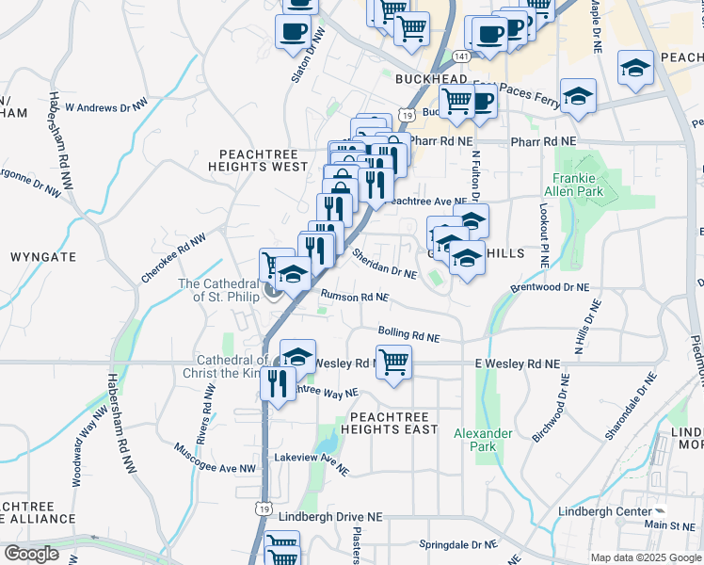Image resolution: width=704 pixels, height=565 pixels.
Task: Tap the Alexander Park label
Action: [483, 440]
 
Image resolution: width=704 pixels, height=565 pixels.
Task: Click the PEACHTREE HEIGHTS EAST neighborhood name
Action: [393, 423]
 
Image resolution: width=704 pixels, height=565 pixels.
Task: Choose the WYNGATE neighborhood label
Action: [42, 256]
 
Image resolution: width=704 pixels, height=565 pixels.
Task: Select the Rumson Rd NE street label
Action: [355, 297]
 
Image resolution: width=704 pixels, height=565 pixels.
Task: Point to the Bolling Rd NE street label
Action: [408, 333]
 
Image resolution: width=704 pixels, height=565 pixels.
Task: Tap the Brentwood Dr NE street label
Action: [549, 286]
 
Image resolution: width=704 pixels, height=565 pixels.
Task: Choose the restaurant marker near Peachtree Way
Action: [277, 382]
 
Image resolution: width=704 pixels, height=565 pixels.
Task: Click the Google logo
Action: [31, 554]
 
